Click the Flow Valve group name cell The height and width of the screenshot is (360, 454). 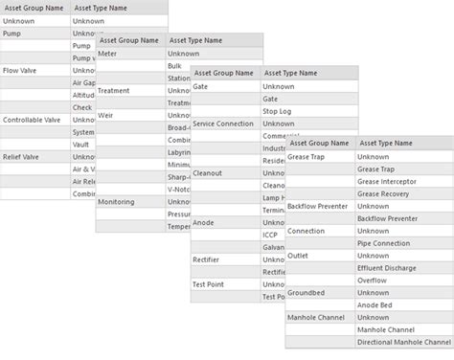tap(21, 71)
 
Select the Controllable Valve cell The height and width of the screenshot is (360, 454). tap(32, 120)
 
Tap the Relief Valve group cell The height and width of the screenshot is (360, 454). tap(21, 157)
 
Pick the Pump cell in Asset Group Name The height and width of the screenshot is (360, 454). tap(13, 34)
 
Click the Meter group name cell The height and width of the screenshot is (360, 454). tap(109, 54)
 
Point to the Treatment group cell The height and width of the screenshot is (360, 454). tap(115, 91)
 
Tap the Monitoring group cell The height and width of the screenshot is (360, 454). tap(117, 202)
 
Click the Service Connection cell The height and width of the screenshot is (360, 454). tap(223, 124)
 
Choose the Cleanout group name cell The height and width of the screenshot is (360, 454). tap(208, 173)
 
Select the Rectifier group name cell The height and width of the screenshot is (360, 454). tap(207, 259)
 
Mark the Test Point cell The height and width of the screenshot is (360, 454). tap(209, 284)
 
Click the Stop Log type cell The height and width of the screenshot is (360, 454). tap(278, 111)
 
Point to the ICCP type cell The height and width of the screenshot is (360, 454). tap(272, 235)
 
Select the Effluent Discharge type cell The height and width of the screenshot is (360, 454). tap(388, 268)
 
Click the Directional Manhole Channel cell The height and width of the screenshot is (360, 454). tap(403, 342)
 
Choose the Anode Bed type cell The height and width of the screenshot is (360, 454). tap(377, 304)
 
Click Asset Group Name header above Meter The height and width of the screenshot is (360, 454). tap(129, 40)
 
